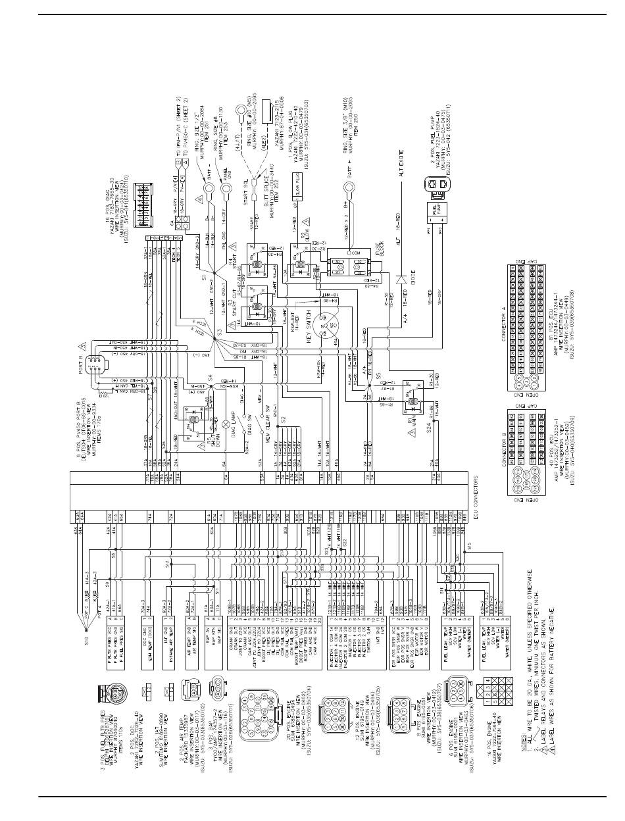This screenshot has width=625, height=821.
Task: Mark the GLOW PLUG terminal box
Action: (x=297, y=178)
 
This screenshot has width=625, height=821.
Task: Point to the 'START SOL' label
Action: (x=245, y=191)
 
